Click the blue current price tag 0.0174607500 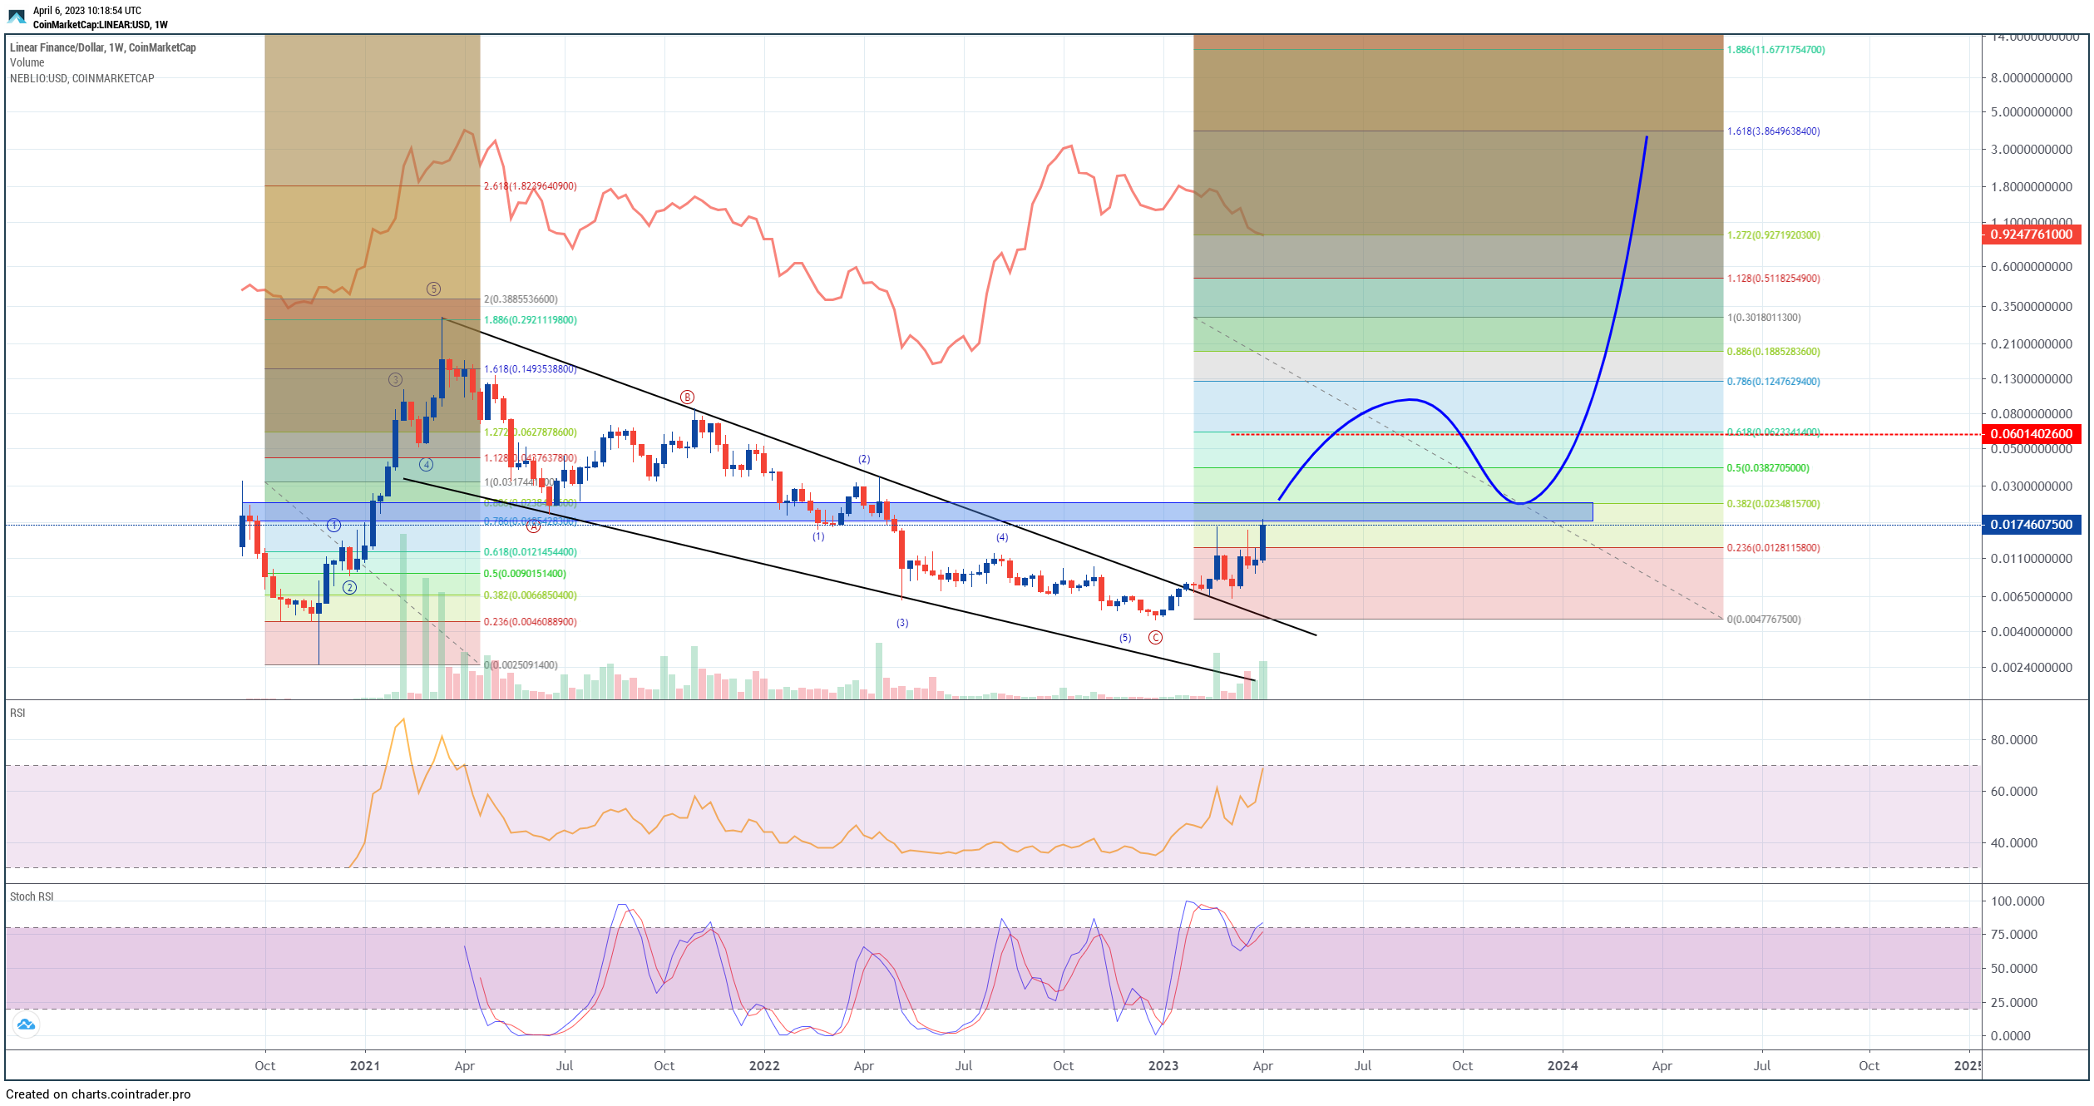click(2031, 525)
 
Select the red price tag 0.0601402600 click(2031, 434)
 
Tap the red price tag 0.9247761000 click(2031, 235)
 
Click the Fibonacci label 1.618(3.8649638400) click(1773, 131)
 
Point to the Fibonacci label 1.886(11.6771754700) click(1775, 50)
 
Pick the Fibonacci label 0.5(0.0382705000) click(1767, 468)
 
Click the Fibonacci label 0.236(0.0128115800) click(1773, 548)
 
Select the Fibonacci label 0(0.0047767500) click(1764, 620)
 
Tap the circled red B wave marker click(687, 397)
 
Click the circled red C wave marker click(1155, 638)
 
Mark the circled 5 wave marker click(433, 289)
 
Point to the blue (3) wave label click(902, 623)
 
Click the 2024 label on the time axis click(1562, 1066)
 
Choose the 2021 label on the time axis click(364, 1066)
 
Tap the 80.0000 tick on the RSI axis click(2013, 740)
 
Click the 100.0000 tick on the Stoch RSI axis click(2017, 901)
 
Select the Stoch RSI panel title click(32, 896)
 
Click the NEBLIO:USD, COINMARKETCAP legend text click(81, 78)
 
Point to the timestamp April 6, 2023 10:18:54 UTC click(87, 11)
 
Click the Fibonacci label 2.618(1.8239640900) click(530, 186)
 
